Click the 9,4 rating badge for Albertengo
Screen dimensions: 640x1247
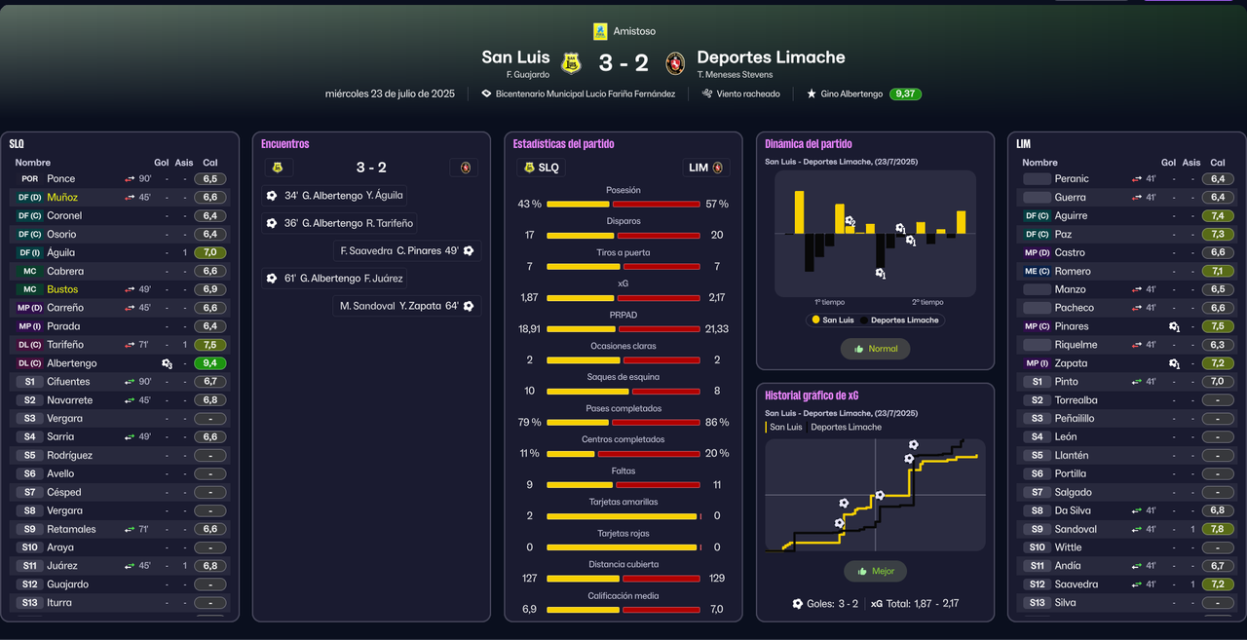209,363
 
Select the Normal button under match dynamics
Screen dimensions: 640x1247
875,349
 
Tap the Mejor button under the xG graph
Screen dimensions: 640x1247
875,572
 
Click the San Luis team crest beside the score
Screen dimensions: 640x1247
571,63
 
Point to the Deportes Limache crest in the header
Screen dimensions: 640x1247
674,63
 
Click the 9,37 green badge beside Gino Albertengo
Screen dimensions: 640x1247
905,94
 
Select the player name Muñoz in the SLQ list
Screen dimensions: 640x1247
62,197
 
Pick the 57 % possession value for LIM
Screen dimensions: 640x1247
717,205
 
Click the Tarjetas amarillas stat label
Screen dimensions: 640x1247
623,503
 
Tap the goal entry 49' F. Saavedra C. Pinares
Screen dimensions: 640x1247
406,251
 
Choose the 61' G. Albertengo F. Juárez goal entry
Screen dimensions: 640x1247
334,279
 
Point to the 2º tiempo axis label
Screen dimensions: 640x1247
927,302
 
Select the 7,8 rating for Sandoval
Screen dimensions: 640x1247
1218,529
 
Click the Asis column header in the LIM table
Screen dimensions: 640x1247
1190,163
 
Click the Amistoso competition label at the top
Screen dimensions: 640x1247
634,31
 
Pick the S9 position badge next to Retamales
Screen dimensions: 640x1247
30,529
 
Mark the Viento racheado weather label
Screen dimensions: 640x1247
748,94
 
